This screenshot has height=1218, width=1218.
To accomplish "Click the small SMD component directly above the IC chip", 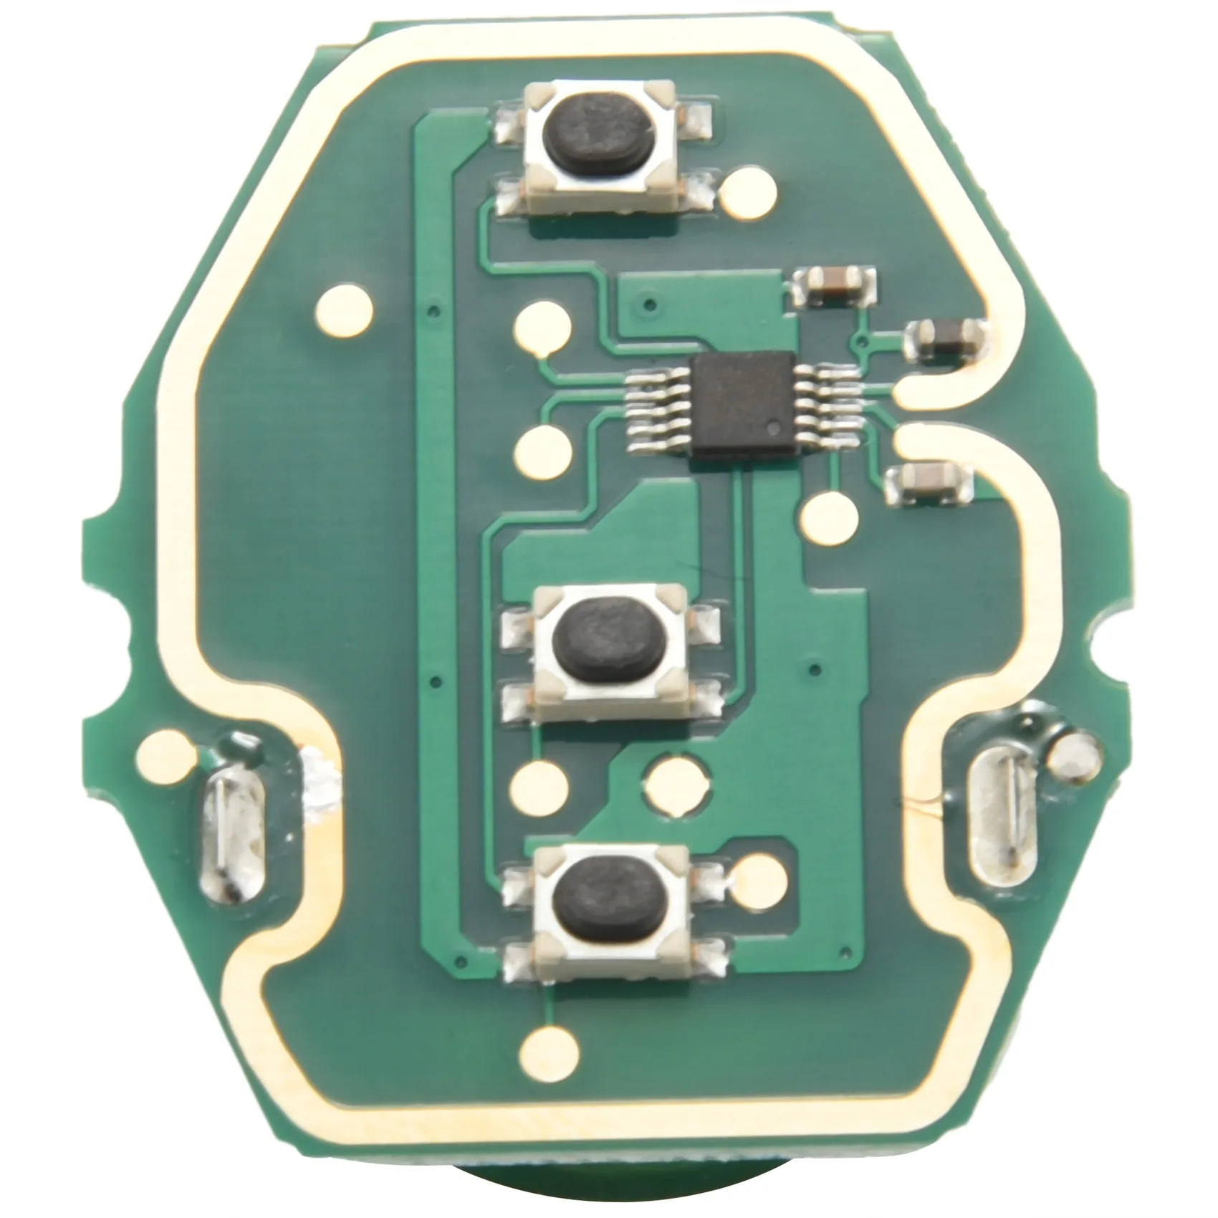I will click(x=833, y=284).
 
